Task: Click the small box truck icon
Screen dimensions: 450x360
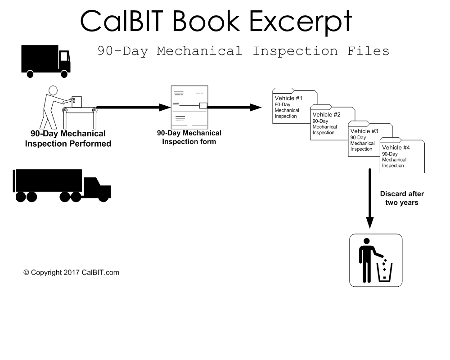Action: [45, 61]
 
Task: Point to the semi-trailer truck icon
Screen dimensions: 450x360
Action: [62, 185]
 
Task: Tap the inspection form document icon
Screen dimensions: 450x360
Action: [189, 107]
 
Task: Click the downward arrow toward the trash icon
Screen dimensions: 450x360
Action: [369, 198]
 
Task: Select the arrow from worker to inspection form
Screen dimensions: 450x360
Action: [134, 108]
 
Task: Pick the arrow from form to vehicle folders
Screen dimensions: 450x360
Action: [234, 108]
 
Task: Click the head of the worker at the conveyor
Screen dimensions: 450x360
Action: [53, 90]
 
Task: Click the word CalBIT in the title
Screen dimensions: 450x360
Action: [121, 21]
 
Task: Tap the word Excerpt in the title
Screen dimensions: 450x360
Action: [301, 22]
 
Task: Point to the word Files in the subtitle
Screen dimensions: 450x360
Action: [368, 51]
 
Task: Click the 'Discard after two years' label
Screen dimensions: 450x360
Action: [402, 198]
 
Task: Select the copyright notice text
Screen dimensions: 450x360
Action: [71, 272]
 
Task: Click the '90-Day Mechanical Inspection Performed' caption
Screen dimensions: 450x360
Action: [68, 139]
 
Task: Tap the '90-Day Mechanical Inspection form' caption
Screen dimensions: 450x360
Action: [189, 137]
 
